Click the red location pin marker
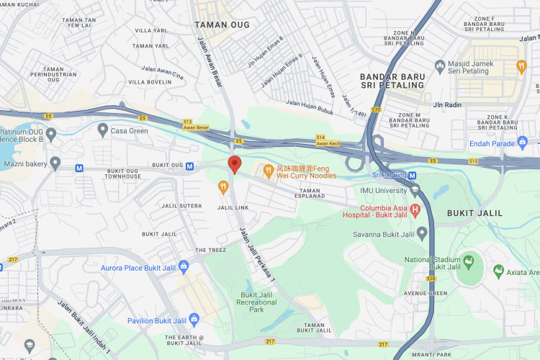point(234,164)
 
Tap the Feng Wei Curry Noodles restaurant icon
point(268,171)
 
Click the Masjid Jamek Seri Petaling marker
point(440,67)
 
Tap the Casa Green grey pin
point(103,130)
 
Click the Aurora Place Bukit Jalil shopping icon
point(183,267)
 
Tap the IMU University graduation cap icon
point(414,190)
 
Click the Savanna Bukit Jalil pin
point(423,233)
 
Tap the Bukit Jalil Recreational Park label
point(256,302)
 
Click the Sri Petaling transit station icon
point(413,175)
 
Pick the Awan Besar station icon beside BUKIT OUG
point(189,166)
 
